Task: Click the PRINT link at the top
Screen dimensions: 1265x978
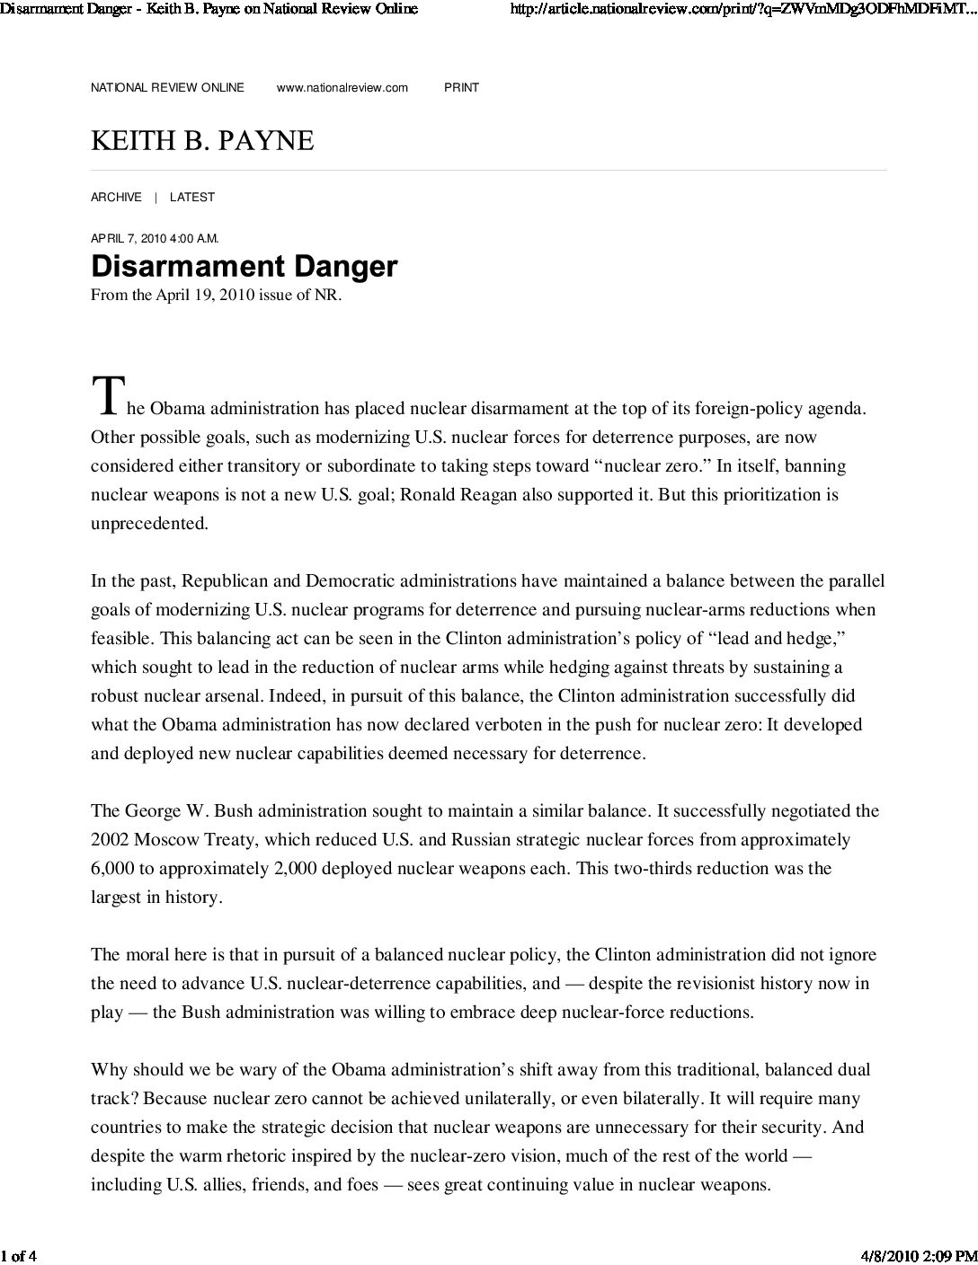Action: click(x=461, y=87)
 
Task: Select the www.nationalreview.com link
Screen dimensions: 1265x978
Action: click(x=342, y=87)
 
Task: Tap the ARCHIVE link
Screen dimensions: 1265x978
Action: click(x=116, y=197)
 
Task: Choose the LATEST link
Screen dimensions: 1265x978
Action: click(x=192, y=197)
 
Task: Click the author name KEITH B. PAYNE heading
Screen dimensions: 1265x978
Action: click(x=202, y=141)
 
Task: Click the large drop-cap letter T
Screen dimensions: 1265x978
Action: click(x=105, y=396)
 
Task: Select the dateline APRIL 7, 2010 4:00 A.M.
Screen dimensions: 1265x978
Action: click(x=155, y=238)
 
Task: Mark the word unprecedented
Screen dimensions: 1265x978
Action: click(x=149, y=524)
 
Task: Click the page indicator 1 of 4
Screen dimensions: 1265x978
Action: click(x=18, y=1255)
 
